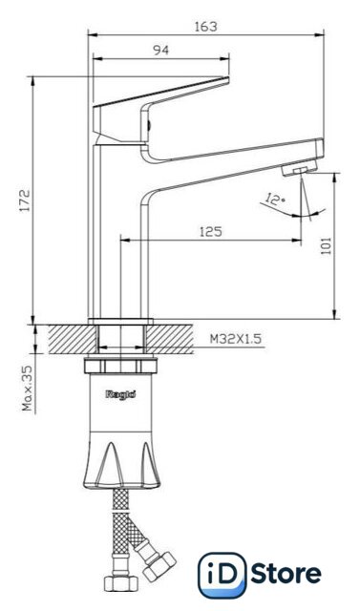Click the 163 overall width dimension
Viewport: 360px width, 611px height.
pos(206,27)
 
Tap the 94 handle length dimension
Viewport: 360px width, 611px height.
pos(160,50)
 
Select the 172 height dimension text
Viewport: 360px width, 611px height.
pos(25,200)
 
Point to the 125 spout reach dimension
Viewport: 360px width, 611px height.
pos(211,231)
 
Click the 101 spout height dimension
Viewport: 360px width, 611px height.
pos(326,245)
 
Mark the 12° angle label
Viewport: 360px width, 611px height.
pos(275,200)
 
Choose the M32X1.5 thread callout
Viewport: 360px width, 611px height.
pos(236,339)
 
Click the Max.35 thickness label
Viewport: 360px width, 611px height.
pos(28,389)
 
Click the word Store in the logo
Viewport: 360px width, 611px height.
pos(286,574)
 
